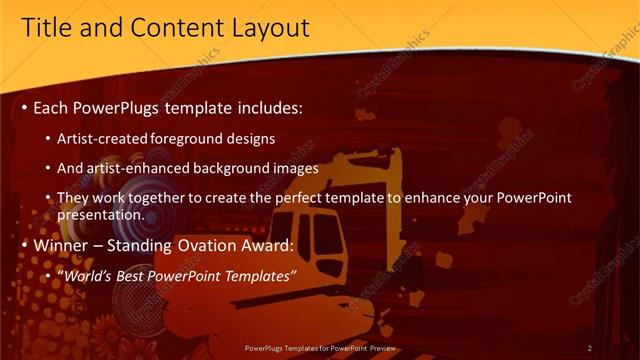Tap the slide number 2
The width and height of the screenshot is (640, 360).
point(590,348)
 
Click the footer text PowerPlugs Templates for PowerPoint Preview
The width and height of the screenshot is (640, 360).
point(320,348)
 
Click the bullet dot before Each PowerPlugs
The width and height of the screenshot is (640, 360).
point(24,107)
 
